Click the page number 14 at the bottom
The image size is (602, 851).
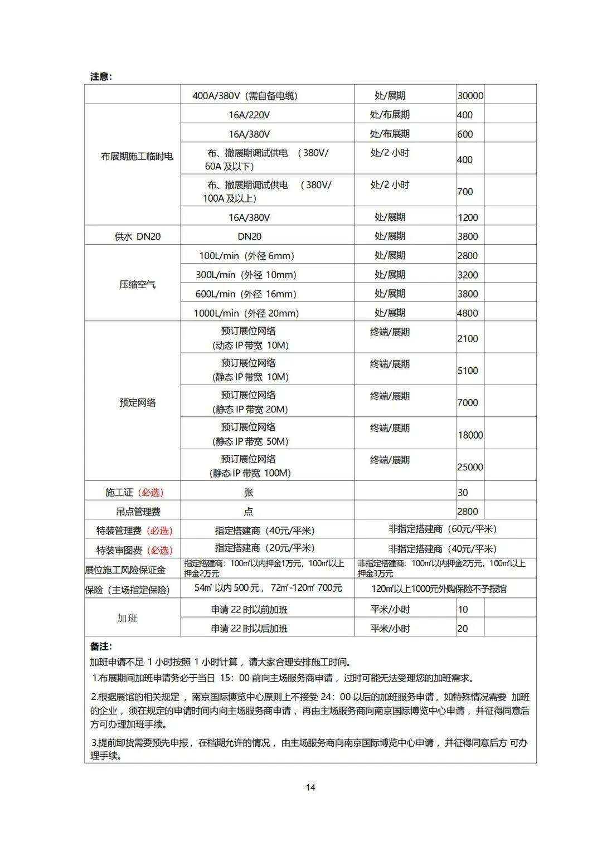click(310, 787)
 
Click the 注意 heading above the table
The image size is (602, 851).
click(101, 76)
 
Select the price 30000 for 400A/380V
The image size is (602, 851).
click(470, 95)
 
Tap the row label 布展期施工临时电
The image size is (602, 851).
click(137, 157)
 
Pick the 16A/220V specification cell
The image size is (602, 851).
click(249, 115)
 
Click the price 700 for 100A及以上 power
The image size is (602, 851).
click(465, 192)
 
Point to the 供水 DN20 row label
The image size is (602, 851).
click(137, 236)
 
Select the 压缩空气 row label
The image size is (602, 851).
click(137, 284)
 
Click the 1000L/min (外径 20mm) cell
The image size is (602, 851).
click(246, 313)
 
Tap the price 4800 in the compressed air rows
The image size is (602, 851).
click(467, 313)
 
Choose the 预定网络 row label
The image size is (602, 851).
click(137, 402)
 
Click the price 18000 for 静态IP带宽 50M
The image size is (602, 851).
click(470, 435)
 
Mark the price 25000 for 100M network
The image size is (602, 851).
click(470, 467)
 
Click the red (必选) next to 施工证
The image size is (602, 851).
click(151, 493)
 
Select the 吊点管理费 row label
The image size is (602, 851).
click(138, 512)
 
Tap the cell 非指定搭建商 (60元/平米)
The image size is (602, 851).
click(442, 529)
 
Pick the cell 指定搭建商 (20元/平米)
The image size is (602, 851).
click(265, 548)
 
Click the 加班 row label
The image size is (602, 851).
click(127, 618)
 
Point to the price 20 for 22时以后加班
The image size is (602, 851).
click(463, 629)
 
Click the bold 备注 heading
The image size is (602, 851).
click(101, 646)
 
